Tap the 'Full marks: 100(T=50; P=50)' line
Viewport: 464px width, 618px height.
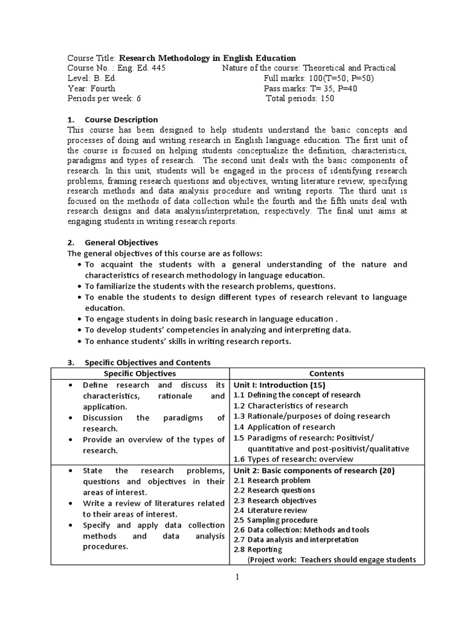pos(318,78)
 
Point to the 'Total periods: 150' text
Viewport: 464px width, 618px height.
pos(300,99)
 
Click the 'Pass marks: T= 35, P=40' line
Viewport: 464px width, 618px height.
pos(310,89)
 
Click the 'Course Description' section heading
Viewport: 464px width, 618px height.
pos(121,119)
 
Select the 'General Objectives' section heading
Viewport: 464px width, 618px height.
pos(121,242)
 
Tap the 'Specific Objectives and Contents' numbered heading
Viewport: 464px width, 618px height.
pos(147,363)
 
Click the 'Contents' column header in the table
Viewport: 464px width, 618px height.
pos(326,374)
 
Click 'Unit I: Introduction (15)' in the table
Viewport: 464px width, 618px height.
pos(279,384)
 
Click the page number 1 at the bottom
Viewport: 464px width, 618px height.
pos(237,577)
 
